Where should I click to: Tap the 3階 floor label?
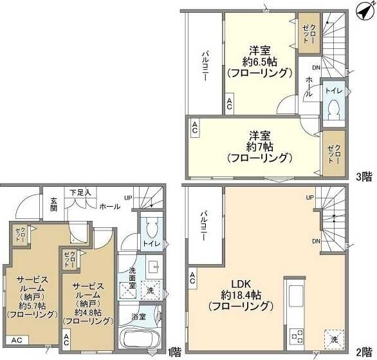coord(363,175)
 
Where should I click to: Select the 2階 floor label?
coord(363,353)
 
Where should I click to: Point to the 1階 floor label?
coord(174,353)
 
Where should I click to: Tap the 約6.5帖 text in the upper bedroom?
coord(259,61)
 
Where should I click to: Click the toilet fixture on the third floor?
coord(333,111)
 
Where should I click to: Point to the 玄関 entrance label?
coord(54,204)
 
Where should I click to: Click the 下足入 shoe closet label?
coord(80,191)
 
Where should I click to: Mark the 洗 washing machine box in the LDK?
coord(334,339)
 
